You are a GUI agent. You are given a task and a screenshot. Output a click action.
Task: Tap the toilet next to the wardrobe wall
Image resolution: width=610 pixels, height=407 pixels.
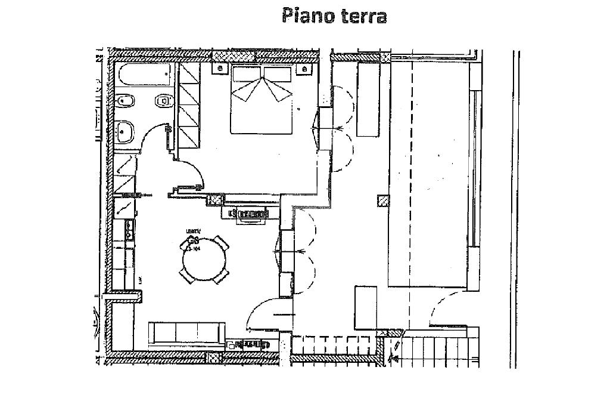pos(163,101)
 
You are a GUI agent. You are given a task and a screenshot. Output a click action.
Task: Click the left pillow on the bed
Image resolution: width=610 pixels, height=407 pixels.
pos(246,74)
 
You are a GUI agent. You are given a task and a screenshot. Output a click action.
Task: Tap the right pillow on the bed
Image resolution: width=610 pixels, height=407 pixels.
pos(278,74)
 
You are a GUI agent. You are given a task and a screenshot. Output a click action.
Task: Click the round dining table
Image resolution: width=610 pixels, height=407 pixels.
pos(204,260)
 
